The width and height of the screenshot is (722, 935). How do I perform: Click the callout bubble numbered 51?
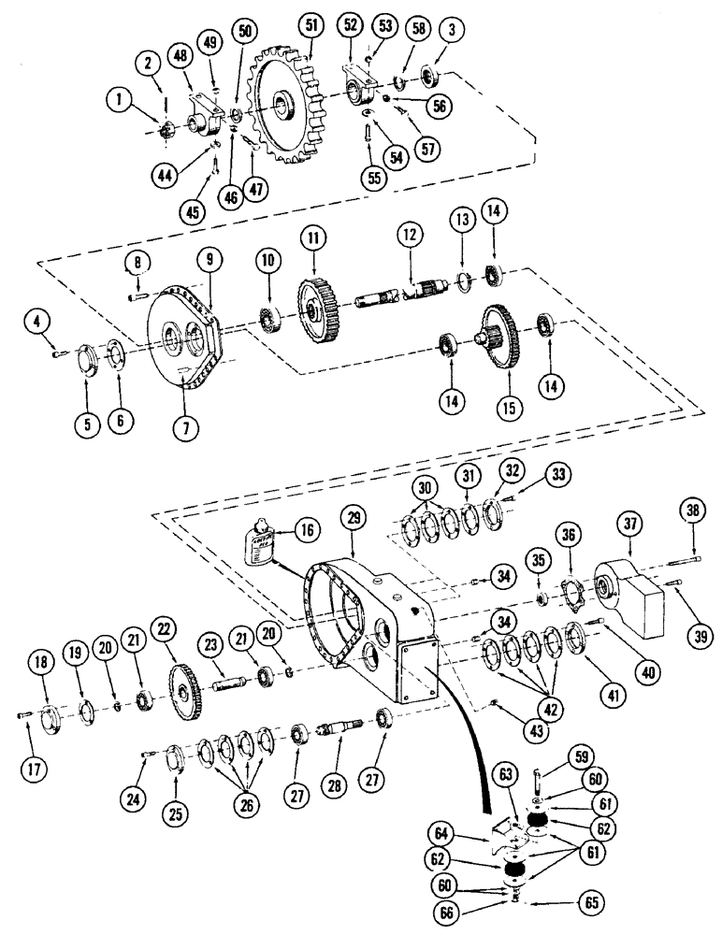(x=310, y=25)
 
